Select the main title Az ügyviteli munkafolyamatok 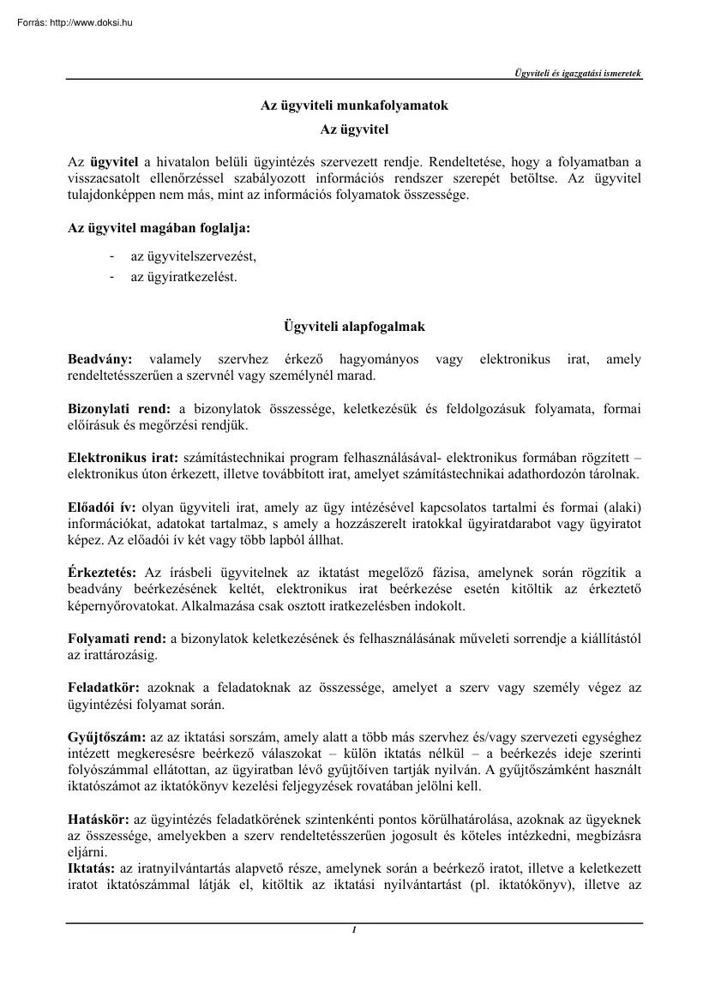pyautogui.click(x=354, y=106)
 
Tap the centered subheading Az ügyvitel pyautogui.click(x=354, y=130)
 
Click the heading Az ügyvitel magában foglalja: pyautogui.click(x=159, y=229)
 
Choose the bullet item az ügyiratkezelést pyautogui.click(x=183, y=277)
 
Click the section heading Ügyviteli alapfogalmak pyautogui.click(x=354, y=327)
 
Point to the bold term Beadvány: pyautogui.click(x=99, y=359)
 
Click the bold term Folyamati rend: pyautogui.click(x=117, y=638)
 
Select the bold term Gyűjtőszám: pyautogui.click(x=107, y=737)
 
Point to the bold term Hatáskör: pyautogui.click(x=99, y=820)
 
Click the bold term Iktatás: pyautogui.click(x=92, y=868)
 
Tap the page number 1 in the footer pyautogui.click(x=354, y=930)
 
